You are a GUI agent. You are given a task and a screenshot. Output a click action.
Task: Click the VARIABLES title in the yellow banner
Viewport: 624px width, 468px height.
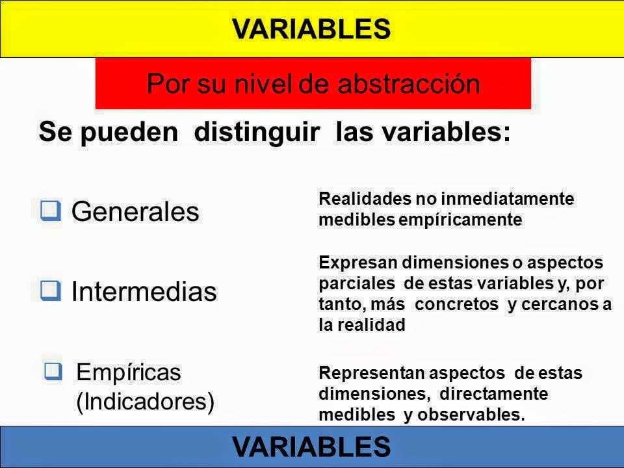coord(311,28)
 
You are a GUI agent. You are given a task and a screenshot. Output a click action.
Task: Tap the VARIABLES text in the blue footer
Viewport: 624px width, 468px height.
coord(311,447)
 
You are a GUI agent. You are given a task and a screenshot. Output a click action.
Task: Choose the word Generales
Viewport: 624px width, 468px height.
coord(135,211)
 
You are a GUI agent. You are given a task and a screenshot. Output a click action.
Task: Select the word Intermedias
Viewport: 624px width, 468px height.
coord(144,292)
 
